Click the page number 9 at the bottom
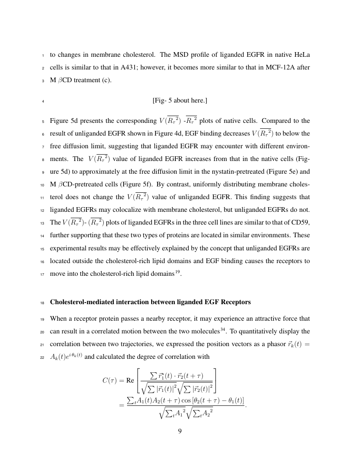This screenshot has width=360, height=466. (x=180, y=431)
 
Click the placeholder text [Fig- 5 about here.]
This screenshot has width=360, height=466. (x=180, y=100)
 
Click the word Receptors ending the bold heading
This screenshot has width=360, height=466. (x=236, y=302)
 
